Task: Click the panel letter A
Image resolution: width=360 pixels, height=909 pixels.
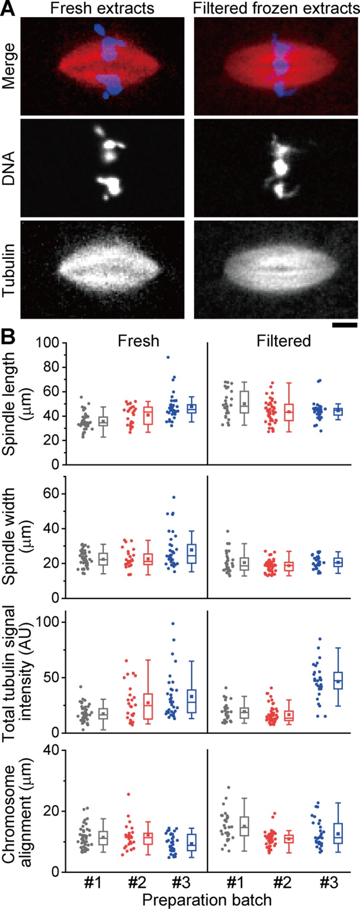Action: click(8, 8)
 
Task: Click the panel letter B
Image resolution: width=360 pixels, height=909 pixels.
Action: click(8, 336)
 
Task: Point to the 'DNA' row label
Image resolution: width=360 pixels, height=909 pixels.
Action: click(9, 169)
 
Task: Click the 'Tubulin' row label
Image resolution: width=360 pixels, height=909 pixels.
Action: click(9, 269)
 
